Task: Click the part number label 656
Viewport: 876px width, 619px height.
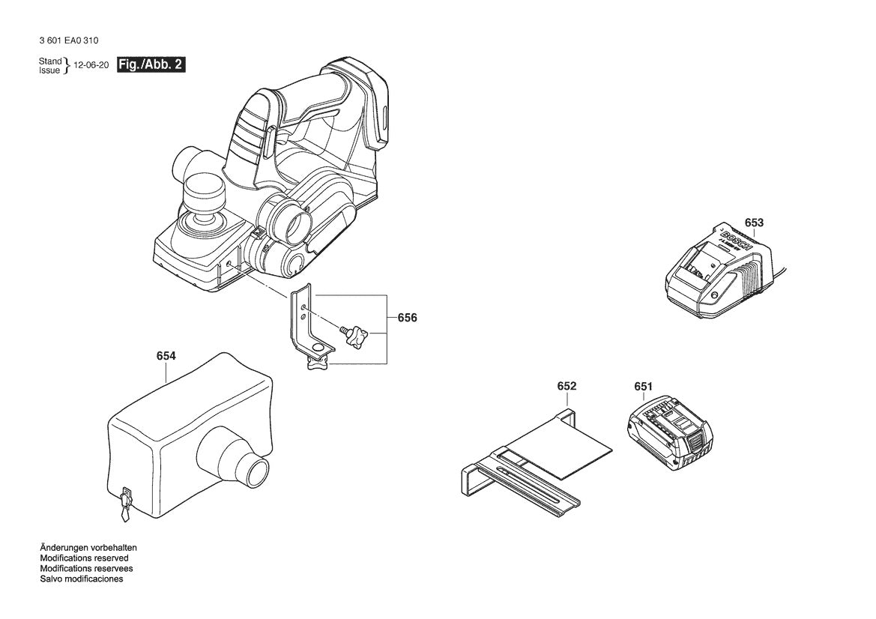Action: pos(407,318)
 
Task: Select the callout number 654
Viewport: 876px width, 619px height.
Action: pos(166,356)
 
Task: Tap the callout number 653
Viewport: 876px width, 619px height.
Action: pos(754,223)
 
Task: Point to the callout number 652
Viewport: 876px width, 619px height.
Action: pos(567,386)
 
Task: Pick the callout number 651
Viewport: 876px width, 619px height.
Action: pos(643,386)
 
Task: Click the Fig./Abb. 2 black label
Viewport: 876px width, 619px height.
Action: pos(151,65)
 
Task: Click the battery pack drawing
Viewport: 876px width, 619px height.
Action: pos(668,434)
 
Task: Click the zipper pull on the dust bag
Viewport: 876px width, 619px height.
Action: pos(124,504)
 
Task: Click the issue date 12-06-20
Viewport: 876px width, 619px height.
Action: pos(91,66)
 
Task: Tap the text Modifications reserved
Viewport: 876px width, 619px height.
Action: pos(84,558)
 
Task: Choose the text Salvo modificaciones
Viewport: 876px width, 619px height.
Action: pos(82,579)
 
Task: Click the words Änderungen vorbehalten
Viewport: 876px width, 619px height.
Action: pos(88,548)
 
